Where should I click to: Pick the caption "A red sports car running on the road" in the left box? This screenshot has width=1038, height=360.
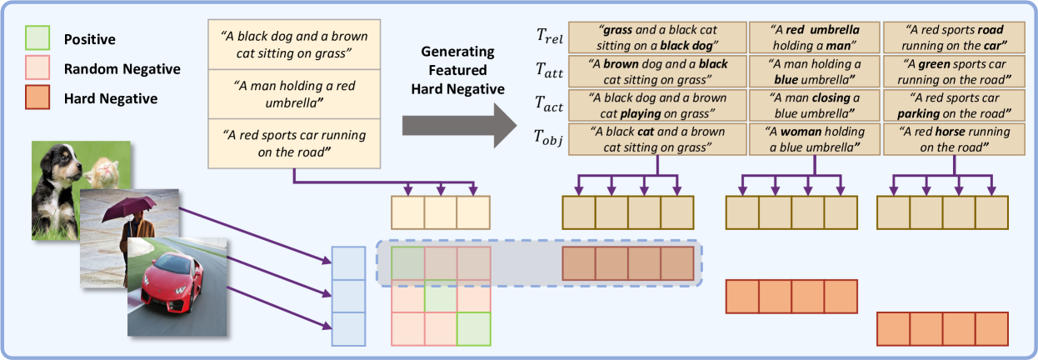point(294,141)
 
